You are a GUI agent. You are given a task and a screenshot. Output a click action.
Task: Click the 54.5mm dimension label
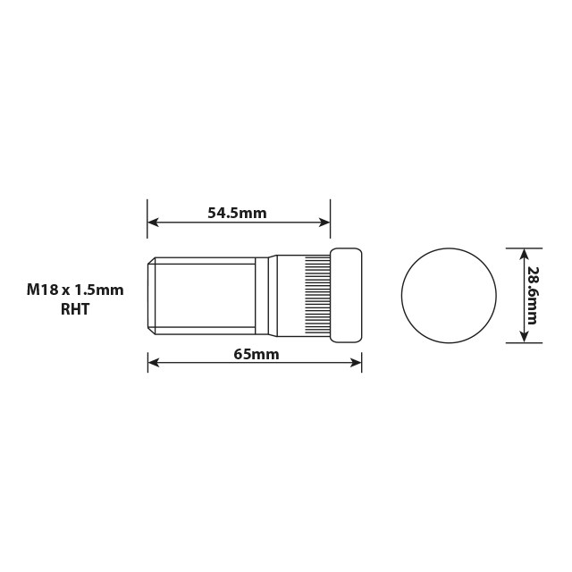click(x=237, y=213)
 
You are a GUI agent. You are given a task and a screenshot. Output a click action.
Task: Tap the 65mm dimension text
click(x=256, y=354)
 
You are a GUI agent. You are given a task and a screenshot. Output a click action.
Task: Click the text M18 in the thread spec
click(x=41, y=290)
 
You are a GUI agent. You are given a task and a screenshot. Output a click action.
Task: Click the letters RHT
click(x=75, y=309)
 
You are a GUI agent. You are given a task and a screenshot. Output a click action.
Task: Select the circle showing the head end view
click(x=448, y=295)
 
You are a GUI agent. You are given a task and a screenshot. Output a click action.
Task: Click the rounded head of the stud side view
click(x=347, y=295)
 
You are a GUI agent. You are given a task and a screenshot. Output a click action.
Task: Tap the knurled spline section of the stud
click(x=317, y=295)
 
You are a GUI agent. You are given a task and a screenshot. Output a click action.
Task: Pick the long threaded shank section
click(x=206, y=295)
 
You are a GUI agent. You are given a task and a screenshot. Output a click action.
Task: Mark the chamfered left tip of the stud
click(x=152, y=295)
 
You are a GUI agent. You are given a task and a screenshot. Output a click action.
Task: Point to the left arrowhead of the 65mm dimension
click(x=153, y=363)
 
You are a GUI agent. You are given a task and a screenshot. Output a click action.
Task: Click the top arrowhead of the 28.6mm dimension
click(x=522, y=254)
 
